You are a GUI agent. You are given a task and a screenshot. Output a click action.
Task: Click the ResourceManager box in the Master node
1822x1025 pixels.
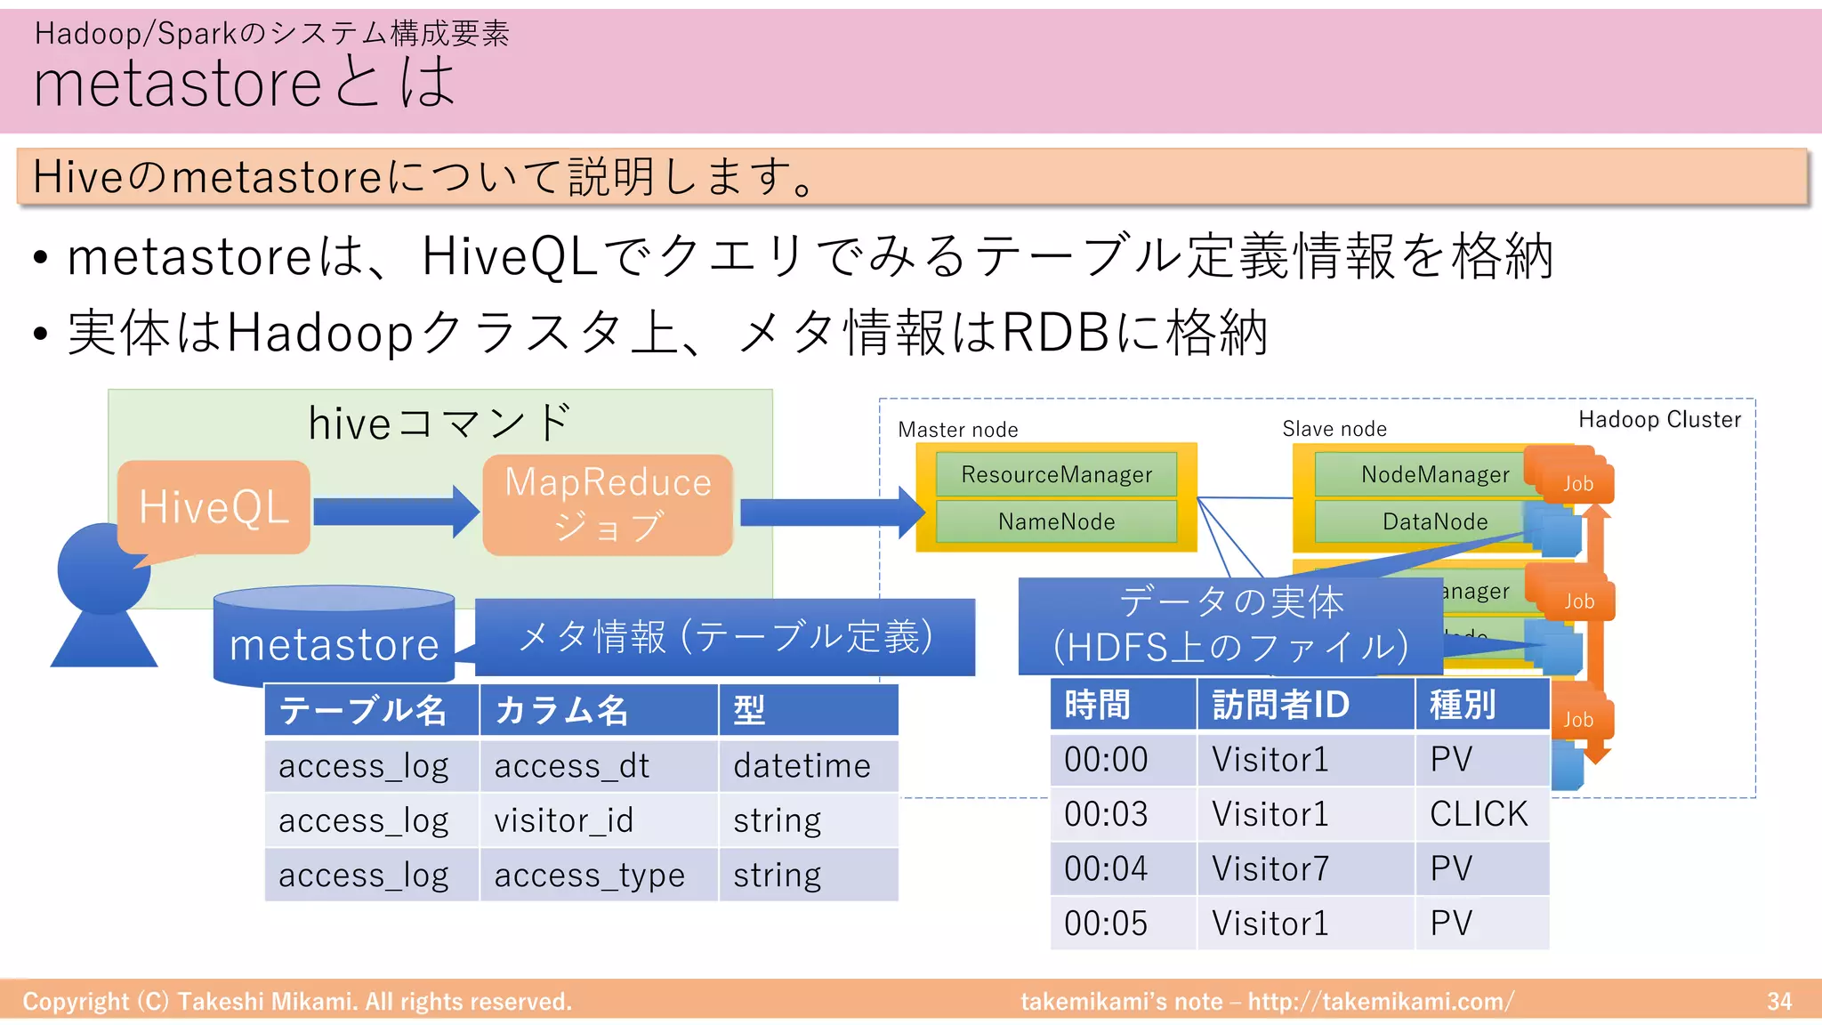(1056, 474)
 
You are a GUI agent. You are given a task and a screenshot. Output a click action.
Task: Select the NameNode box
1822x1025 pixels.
(1056, 521)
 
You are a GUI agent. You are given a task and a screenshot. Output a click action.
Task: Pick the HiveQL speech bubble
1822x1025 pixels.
(214, 507)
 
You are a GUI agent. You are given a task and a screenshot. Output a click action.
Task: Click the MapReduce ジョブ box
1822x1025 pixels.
(608, 504)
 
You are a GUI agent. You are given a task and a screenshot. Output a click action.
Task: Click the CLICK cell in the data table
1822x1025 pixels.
(1479, 814)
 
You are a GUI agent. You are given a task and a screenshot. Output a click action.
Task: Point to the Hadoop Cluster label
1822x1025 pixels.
(1659, 420)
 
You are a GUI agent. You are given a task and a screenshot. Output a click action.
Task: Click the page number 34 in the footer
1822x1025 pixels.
(1778, 1002)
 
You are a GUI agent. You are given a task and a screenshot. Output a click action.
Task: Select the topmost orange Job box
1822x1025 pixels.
(1577, 483)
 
